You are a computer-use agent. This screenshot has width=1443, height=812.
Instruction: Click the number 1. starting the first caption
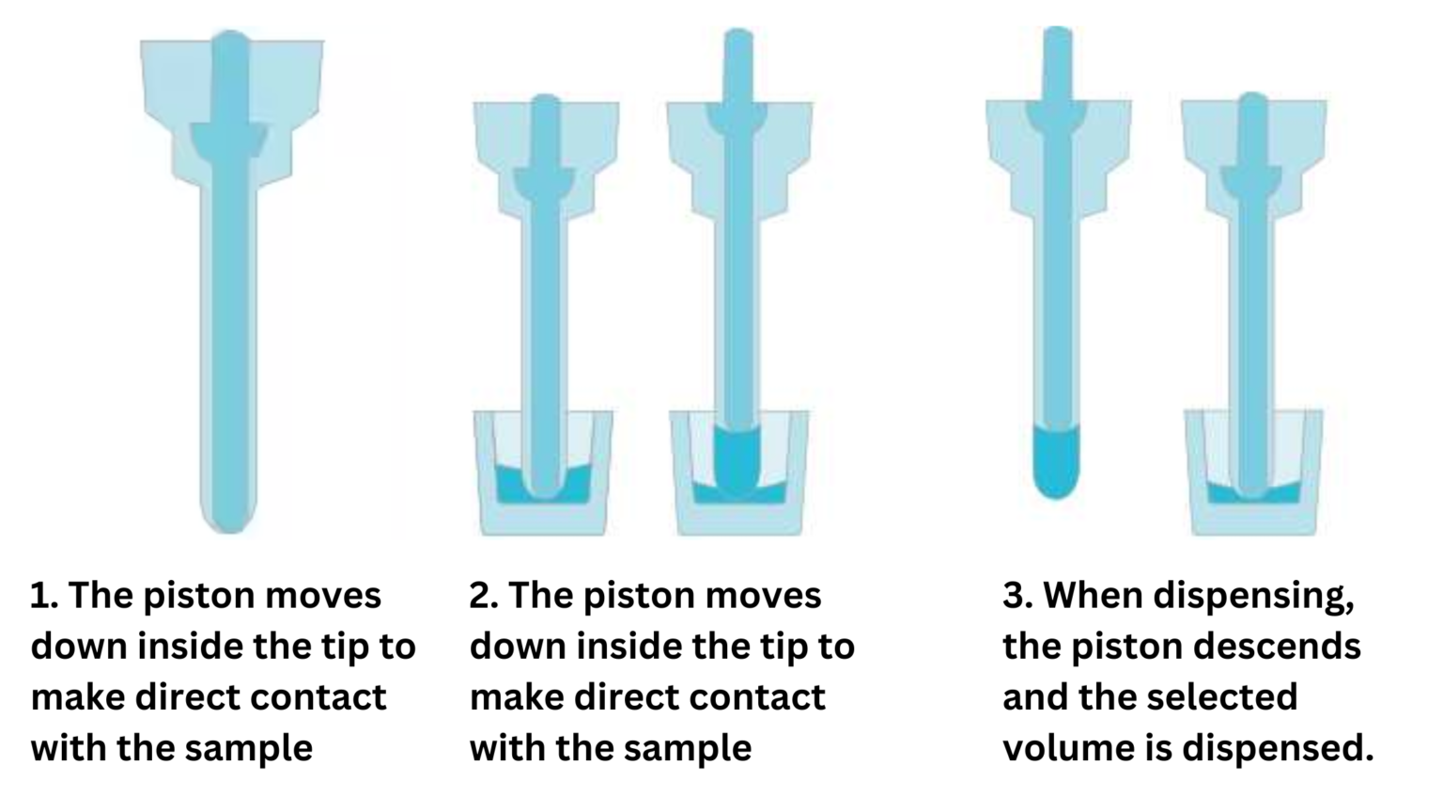[44, 597]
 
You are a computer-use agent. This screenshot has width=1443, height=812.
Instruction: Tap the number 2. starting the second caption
[483, 597]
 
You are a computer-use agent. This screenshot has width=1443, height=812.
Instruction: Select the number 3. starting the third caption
[1017, 597]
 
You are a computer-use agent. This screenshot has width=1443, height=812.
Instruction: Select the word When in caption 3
[1093, 597]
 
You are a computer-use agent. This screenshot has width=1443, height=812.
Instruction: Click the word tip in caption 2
[763, 648]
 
